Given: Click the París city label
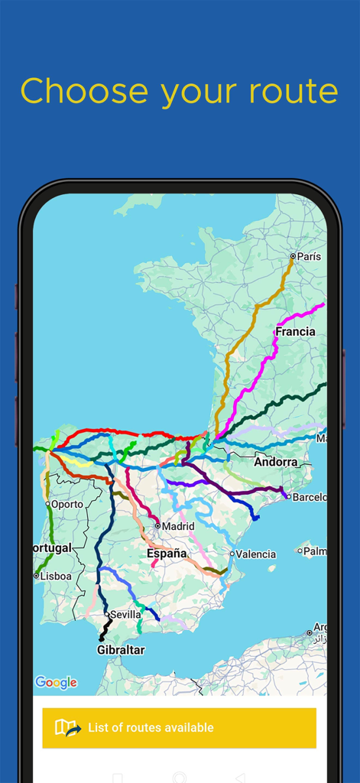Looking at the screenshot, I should pyautogui.click(x=309, y=257).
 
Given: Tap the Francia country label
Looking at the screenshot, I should pyautogui.click(x=295, y=332).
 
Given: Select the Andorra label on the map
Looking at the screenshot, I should pyautogui.click(x=276, y=462).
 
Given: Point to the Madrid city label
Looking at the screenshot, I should pyautogui.click(x=178, y=526).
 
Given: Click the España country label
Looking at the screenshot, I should pyautogui.click(x=167, y=553).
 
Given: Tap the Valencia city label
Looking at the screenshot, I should pyautogui.click(x=255, y=554).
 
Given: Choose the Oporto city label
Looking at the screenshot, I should pyautogui.click(x=67, y=505).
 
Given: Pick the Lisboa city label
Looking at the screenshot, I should pyautogui.click(x=56, y=576).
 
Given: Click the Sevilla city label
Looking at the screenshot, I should pyautogui.click(x=125, y=614).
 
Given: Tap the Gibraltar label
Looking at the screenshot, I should pyautogui.click(x=121, y=650).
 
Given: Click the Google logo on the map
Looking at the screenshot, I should pyautogui.click(x=56, y=682).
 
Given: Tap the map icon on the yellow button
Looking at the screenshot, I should pyautogui.click(x=67, y=728).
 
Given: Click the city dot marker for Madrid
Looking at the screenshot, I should pyautogui.click(x=157, y=526).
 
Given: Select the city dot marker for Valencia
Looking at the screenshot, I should pyautogui.click(x=232, y=554).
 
